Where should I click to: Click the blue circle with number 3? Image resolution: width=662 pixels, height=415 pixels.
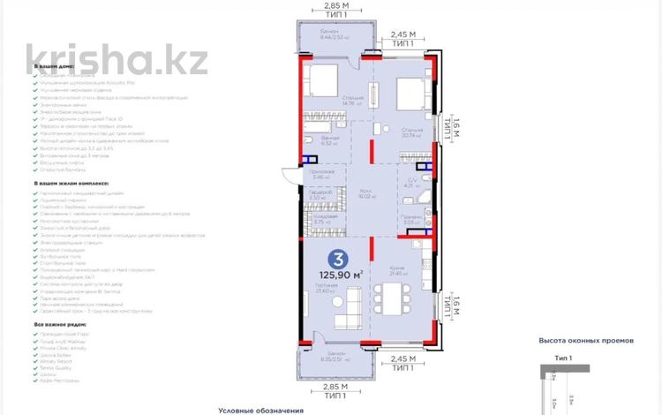pyautogui.click(x=336, y=260)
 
